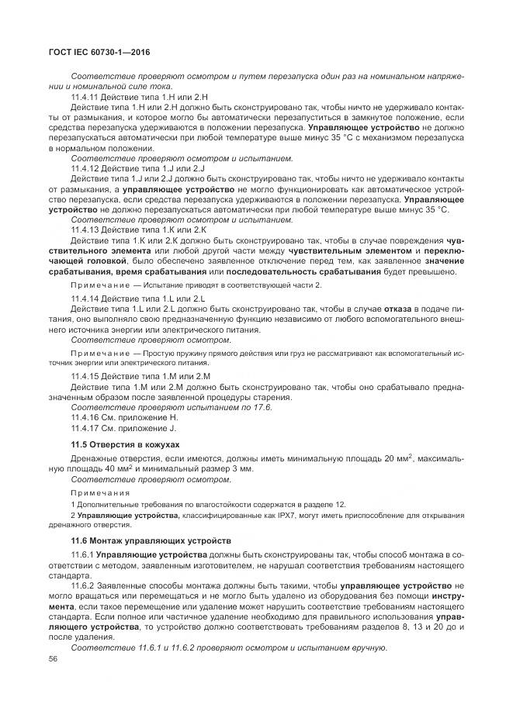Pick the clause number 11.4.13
tap(86, 230)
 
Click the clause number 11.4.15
tap(86, 376)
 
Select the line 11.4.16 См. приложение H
tap(124, 416)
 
